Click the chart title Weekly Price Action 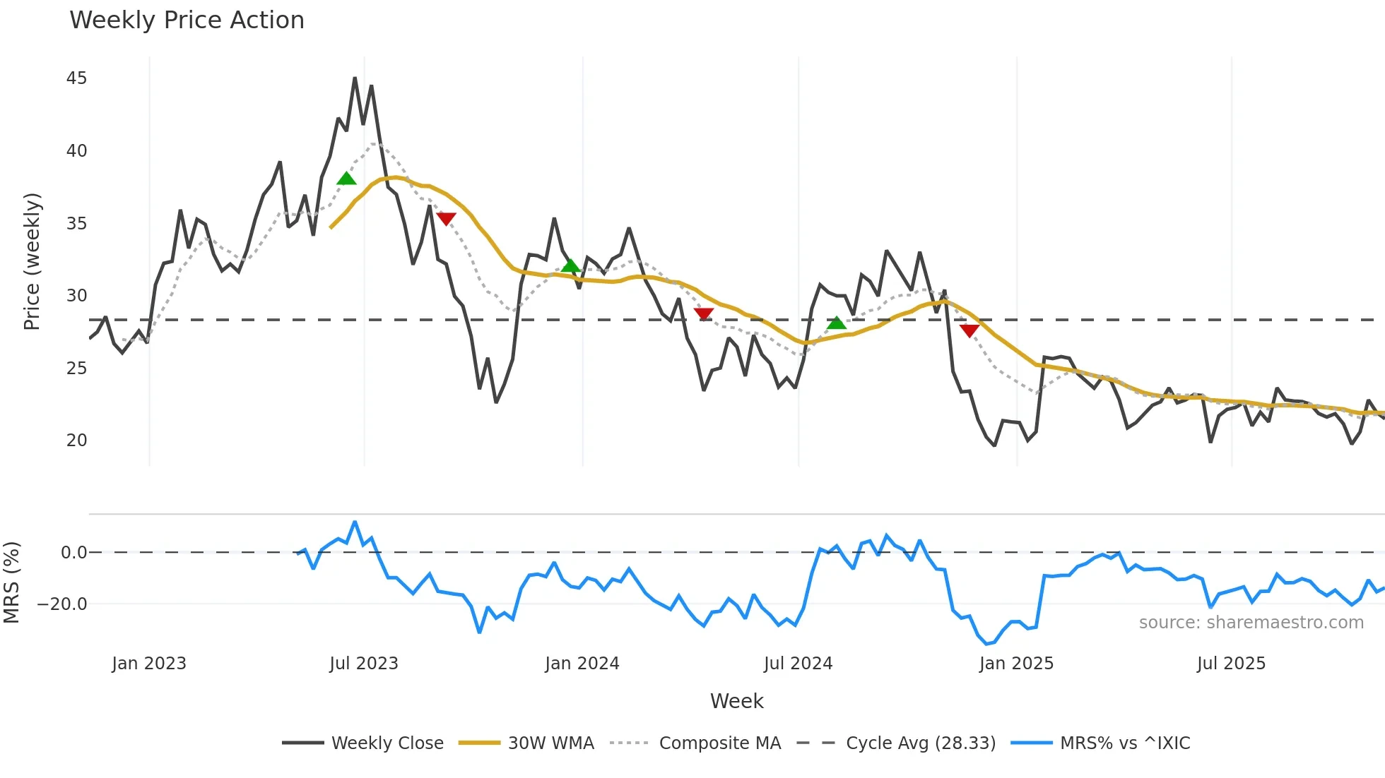tap(187, 20)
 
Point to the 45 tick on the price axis tap(76, 78)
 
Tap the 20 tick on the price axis tap(76, 441)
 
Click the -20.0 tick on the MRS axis tap(62, 604)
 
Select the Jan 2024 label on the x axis tap(582, 664)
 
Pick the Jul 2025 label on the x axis tap(1231, 664)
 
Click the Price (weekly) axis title tap(32, 261)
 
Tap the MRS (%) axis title tap(11, 582)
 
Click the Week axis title tap(736, 701)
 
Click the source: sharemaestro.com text tap(1251, 623)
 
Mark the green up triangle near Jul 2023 tap(346, 179)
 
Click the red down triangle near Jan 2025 tap(969, 330)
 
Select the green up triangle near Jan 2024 tap(571, 266)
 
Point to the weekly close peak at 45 tap(355, 78)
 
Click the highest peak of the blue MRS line tap(355, 522)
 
